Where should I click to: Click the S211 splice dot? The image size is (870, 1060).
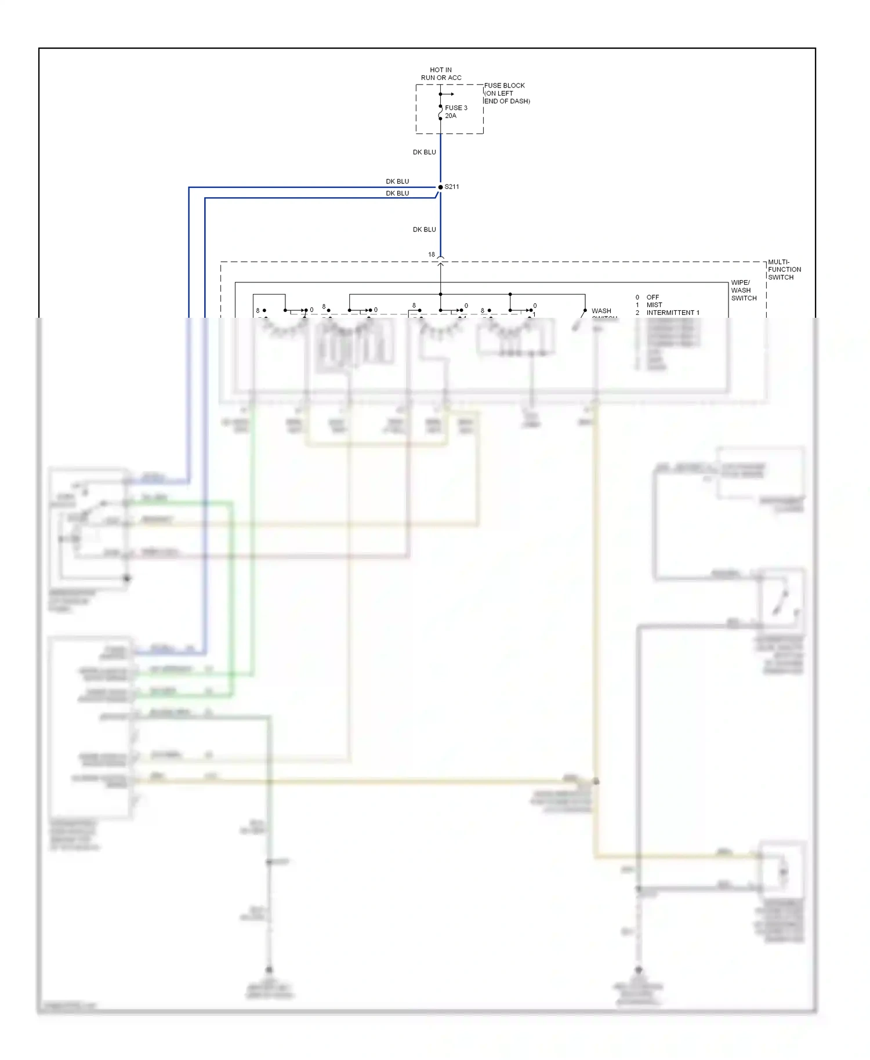tap(440, 187)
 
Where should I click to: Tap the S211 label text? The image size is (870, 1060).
tap(452, 187)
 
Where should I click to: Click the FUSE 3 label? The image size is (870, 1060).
tap(456, 108)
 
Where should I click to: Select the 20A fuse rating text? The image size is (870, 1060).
tap(451, 116)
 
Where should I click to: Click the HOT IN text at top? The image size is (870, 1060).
tap(441, 70)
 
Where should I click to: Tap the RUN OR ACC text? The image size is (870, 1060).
tap(441, 78)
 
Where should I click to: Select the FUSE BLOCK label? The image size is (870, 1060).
tap(505, 85)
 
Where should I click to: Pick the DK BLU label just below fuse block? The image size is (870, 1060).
tap(424, 152)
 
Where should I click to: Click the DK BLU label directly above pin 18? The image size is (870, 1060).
tap(424, 230)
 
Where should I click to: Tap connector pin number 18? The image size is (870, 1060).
tap(432, 255)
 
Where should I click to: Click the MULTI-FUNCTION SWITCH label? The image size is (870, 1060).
tap(784, 270)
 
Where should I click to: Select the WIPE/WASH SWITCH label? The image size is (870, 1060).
tap(744, 291)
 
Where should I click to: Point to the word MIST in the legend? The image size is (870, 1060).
tap(654, 305)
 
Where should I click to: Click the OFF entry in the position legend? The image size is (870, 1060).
tap(652, 297)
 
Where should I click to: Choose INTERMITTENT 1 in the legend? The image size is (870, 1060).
tap(673, 313)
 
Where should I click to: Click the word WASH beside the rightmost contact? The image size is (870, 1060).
tap(601, 311)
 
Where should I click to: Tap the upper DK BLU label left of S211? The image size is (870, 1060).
tap(397, 181)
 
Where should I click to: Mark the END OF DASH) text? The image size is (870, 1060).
tap(507, 101)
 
